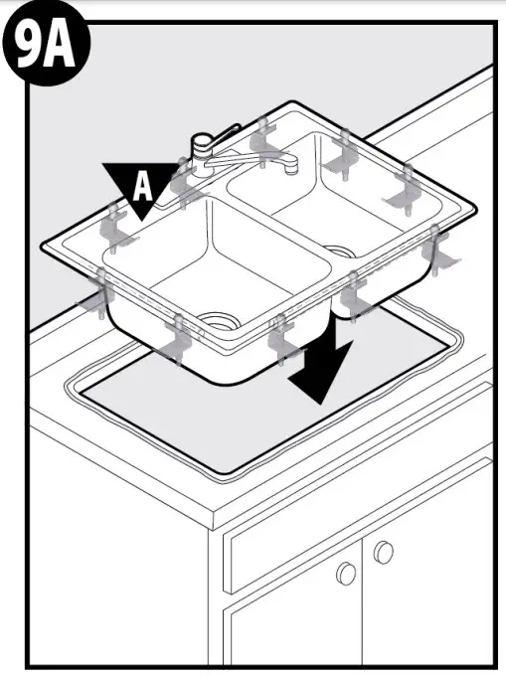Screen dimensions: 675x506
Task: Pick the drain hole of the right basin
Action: [338, 253]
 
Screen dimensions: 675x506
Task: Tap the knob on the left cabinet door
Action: [346, 573]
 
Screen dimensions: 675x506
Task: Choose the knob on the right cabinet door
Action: [384, 550]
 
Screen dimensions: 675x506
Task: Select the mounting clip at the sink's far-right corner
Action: [437, 249]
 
